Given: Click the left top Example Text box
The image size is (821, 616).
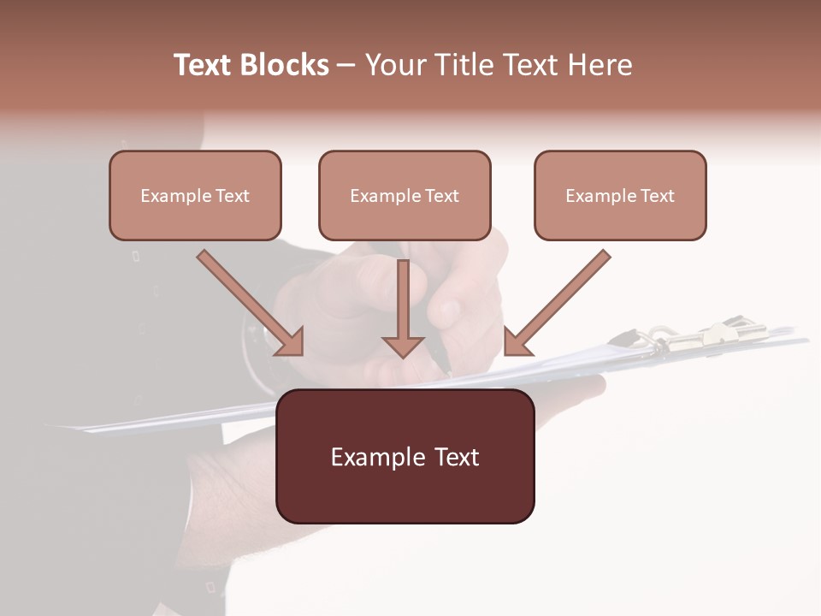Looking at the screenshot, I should (195, 195).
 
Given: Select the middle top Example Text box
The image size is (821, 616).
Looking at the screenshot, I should (405, 195).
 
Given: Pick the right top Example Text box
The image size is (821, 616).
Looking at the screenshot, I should (620, 195).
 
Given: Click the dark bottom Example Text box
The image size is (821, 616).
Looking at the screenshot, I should (405, 457).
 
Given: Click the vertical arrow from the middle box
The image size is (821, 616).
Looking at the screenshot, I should (403, 304).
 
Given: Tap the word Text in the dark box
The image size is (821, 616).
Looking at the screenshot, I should (457, 457).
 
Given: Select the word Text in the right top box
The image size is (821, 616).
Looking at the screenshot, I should (657, 196).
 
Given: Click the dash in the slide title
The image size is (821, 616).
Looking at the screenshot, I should (346, 66).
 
